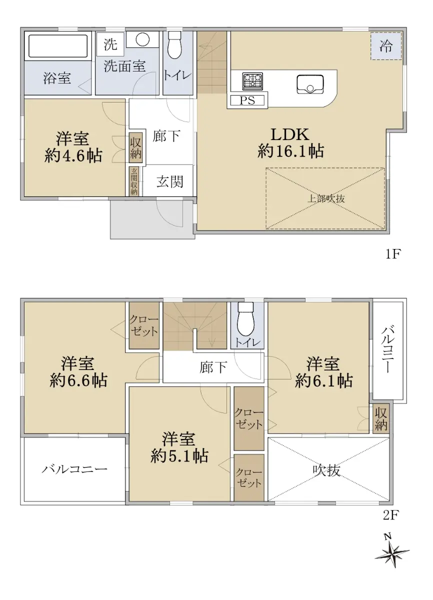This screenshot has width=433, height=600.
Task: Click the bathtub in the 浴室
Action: point(58,46)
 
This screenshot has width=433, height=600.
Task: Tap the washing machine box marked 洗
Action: point(110,44)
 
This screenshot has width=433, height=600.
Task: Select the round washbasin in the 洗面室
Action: point(142,39)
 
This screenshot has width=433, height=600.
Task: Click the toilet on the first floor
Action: point(175,45)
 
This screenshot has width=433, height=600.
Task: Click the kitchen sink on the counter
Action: point(310,84)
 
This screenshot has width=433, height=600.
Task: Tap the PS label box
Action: point(247,100)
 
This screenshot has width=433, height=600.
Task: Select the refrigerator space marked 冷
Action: point(386,46)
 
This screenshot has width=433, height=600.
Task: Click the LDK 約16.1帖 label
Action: point(290,142)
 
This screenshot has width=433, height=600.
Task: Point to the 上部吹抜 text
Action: point(325,198)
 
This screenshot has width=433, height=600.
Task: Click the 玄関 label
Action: point(170,181)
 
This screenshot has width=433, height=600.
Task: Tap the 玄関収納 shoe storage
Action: point(134,181)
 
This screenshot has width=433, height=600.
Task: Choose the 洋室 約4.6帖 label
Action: point(73,147)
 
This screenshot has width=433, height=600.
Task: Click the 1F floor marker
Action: point(392,254)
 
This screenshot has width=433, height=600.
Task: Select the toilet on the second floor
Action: point(245,319)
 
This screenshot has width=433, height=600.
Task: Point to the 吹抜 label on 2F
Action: point(326,470)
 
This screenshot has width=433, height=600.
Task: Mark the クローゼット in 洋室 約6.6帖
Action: point(144,325)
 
